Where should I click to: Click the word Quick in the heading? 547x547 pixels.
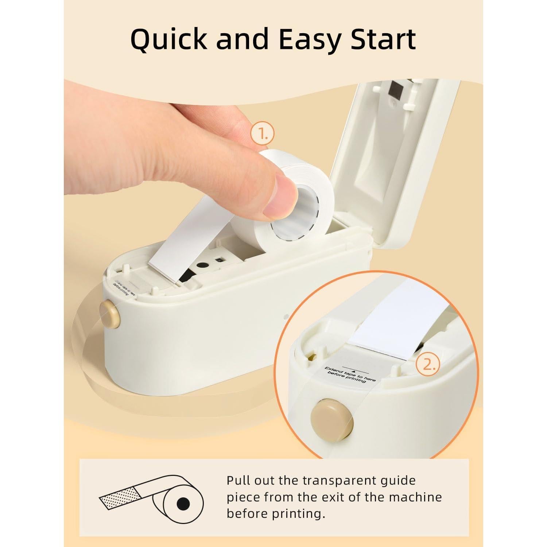pyautogui.click(x=168, y=39)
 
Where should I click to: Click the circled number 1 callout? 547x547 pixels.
pyautogui.click(x=262, y=134)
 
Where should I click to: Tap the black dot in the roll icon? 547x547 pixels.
pyautogui.click(x=183, y=504)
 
